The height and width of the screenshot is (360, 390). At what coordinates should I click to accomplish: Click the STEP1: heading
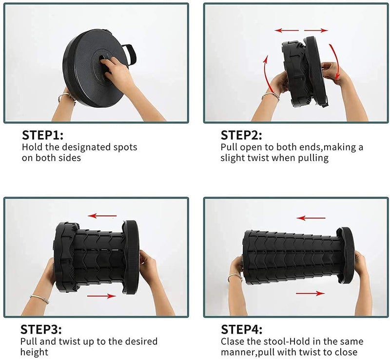[42, 135]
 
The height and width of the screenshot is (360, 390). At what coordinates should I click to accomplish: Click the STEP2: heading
[241, 135]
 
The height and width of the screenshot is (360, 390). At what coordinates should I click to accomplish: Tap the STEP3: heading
[41, 329]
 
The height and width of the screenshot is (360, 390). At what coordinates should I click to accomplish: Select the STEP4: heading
[241, 329]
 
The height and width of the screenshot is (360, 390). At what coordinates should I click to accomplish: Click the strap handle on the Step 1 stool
[132, 54]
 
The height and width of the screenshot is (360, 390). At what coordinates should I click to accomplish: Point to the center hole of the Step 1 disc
[102, 58]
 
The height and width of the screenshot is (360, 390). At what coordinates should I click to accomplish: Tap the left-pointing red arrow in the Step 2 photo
[287, 30]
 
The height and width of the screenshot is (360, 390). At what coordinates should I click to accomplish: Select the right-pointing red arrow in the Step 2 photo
[316, 30]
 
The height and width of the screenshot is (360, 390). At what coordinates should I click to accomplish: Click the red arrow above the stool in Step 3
[102, 216]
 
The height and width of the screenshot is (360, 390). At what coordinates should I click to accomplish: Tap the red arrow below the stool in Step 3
[101, 296]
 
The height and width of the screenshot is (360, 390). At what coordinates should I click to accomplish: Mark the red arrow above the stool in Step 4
[311, 218]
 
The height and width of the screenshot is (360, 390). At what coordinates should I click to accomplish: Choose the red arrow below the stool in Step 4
[311, 293]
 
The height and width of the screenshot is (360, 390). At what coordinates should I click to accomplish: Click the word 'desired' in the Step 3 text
[141, 341]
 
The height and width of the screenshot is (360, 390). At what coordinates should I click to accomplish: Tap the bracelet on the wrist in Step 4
[235, 278]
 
